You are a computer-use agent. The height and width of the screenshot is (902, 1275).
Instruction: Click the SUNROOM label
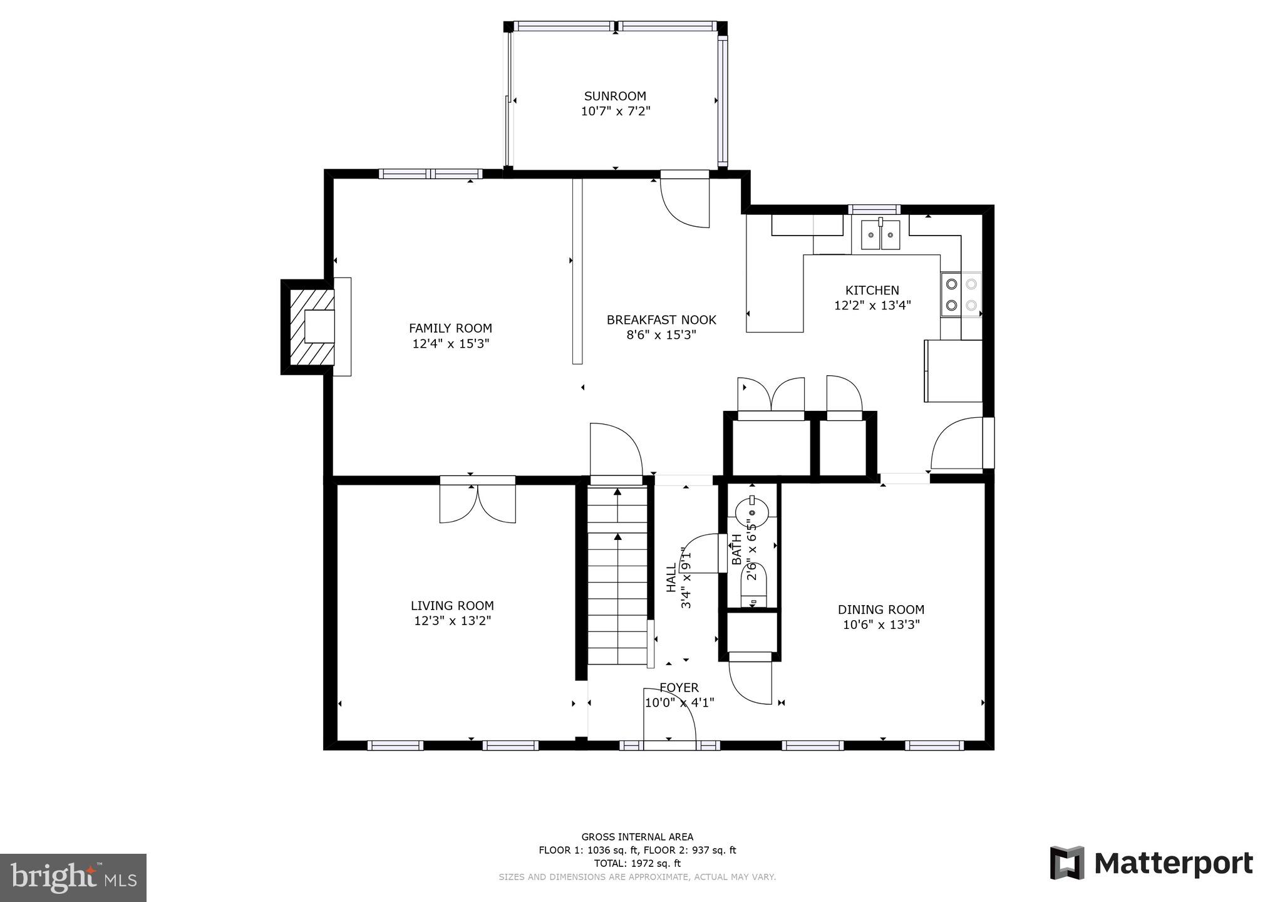[x=614, y=96]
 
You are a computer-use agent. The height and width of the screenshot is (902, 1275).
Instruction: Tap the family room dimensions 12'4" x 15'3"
[x=450, y=344]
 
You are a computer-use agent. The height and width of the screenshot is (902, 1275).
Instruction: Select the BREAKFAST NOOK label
[x=661, y=320]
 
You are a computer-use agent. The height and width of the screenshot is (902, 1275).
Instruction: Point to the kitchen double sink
[x=880, y=235]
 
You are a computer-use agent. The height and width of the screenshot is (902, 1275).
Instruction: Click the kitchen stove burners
[x=961, y=294]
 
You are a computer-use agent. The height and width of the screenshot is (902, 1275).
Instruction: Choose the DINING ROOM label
[x=880, y=609]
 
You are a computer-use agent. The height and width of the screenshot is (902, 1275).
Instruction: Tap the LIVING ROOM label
[x=452, y=606]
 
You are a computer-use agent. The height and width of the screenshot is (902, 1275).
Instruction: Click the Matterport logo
[x=1151, y=864]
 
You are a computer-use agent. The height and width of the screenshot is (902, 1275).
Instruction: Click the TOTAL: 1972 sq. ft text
[x=637, y=863]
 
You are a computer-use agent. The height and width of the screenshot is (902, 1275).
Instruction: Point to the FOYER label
[x=679, y=688]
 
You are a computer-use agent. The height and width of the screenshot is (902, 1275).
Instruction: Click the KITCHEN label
[x=872, y=291]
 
